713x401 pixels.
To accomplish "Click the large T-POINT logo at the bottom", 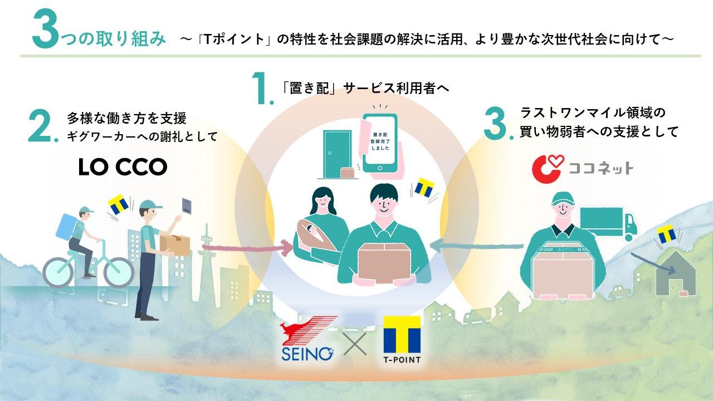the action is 402,339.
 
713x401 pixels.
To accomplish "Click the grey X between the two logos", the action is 355,344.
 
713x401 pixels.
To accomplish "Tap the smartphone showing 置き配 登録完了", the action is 380,143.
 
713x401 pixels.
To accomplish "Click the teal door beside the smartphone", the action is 338,154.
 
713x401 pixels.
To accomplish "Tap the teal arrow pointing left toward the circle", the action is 476,246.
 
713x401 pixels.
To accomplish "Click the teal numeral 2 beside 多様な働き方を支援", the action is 40,126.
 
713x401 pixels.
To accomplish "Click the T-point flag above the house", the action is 667,234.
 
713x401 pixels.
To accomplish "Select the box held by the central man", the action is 384,262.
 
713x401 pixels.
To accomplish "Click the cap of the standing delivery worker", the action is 150,204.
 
